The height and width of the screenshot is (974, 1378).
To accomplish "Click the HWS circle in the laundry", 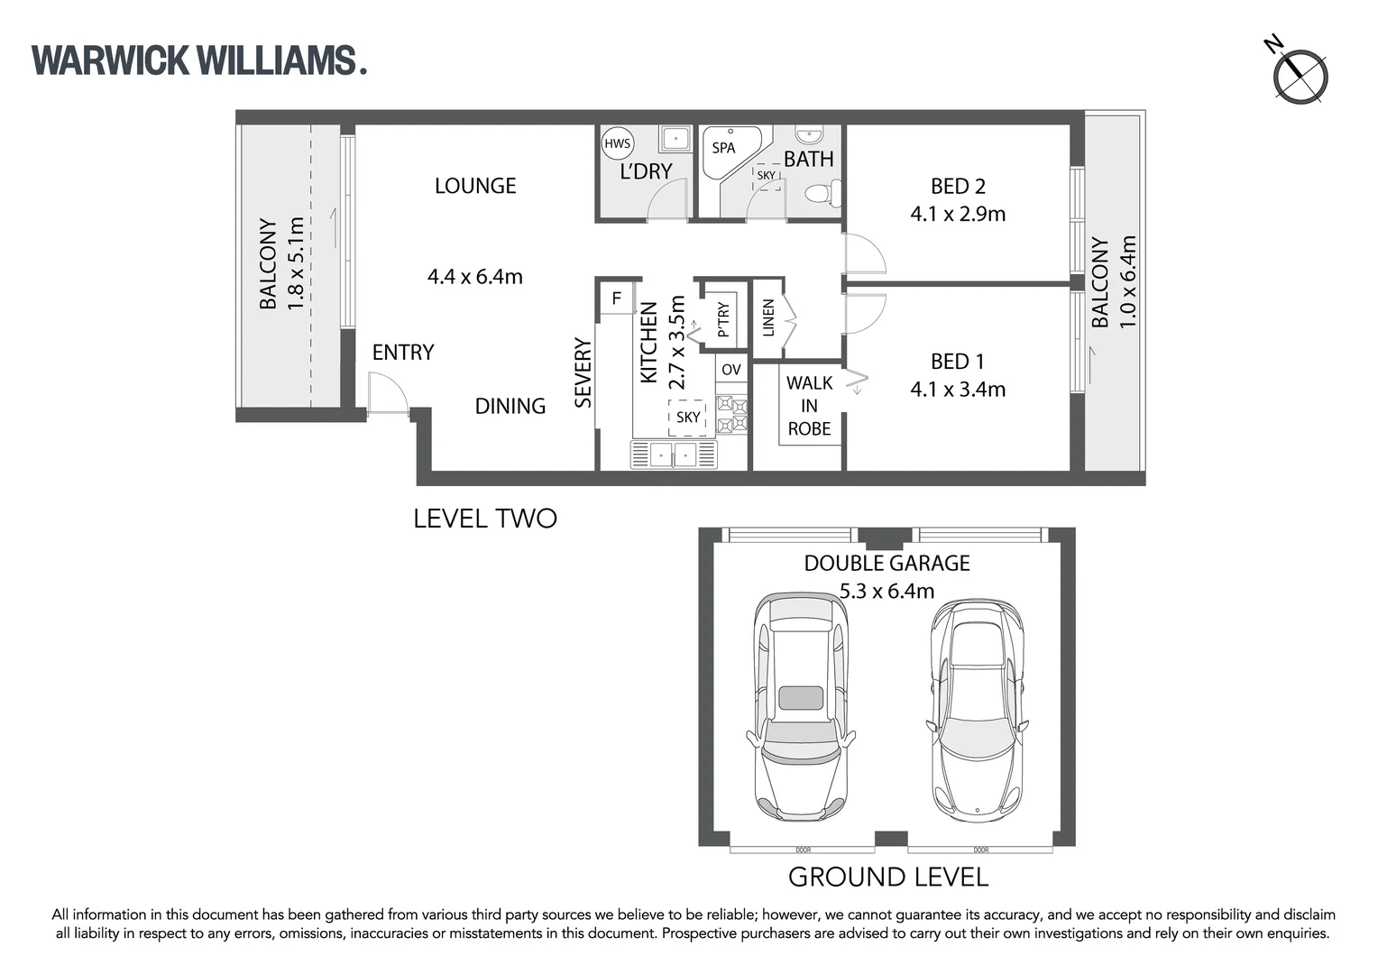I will point(617,144).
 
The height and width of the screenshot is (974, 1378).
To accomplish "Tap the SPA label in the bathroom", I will point(723,148).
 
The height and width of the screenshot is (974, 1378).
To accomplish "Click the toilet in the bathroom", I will point(822,193).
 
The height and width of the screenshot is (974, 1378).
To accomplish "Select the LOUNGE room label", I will point(475,186).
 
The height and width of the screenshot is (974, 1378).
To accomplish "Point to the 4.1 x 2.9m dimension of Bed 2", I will point(958,214).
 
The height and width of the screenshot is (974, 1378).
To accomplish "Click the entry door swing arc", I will point(390,395).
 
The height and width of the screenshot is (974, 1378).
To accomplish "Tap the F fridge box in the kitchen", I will point(617,299).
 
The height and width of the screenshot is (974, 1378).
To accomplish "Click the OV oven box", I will point(731,370).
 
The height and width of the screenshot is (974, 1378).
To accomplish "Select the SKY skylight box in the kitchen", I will point(687,417).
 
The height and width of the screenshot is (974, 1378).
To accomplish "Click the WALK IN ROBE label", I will point(809,406).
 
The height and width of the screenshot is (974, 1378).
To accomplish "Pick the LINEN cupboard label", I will point(768,317).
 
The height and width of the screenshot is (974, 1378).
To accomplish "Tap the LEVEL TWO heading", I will point(484,519).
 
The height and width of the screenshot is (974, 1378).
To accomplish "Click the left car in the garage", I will point(801,706).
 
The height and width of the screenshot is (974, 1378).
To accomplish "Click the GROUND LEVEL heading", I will point(887,877).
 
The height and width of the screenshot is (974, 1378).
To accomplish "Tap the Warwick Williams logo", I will point(198,60).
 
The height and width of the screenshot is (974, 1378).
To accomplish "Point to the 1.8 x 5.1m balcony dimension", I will point(296,264).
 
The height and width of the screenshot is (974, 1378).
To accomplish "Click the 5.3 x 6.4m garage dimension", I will point(887,591).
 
